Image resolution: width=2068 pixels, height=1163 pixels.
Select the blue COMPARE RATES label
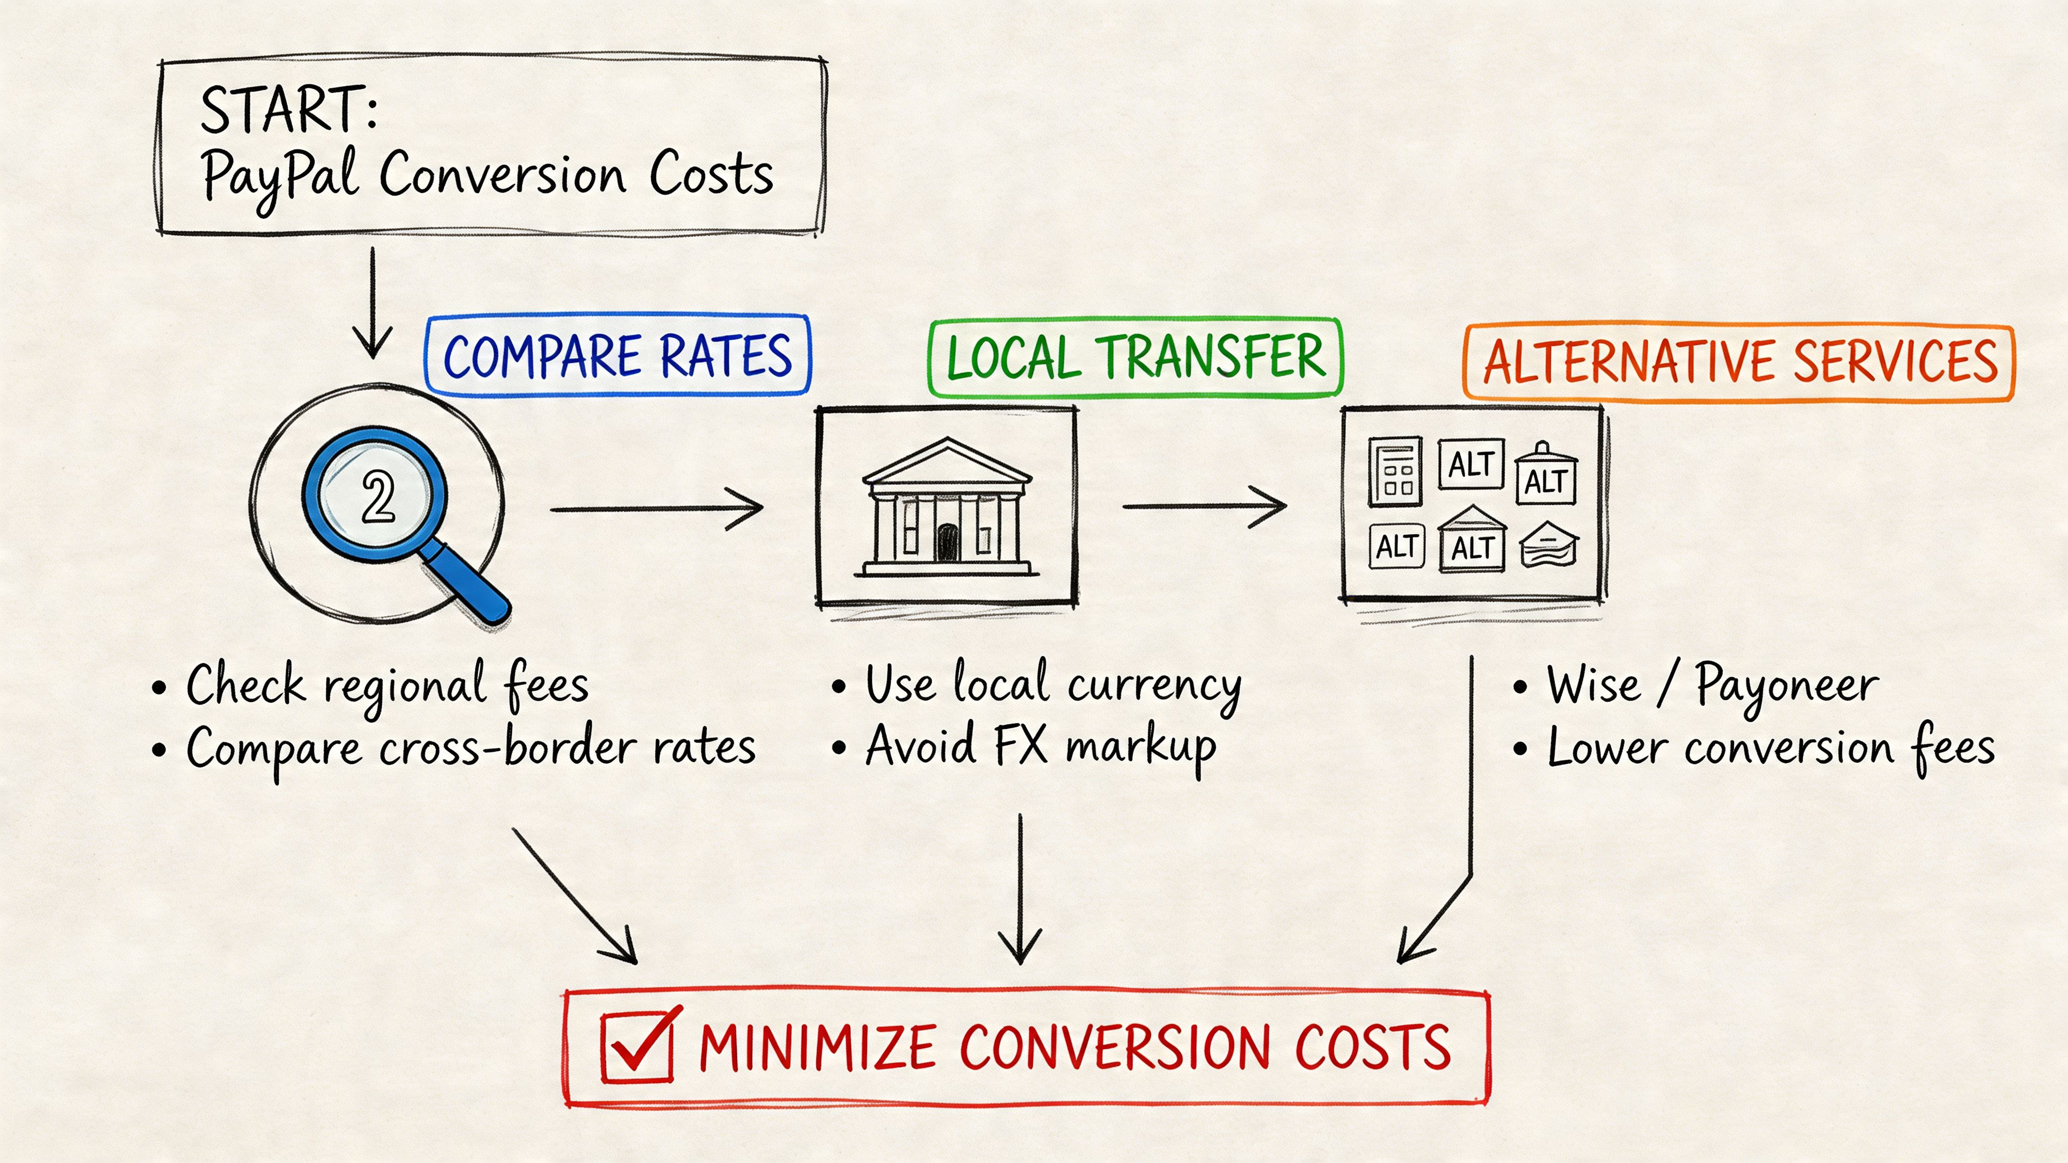[617, 355]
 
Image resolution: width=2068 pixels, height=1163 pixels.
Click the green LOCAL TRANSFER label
[1135, 358]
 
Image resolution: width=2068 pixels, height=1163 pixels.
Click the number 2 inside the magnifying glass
[377, 497]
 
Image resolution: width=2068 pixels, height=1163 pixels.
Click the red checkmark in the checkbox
[642, 1042]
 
